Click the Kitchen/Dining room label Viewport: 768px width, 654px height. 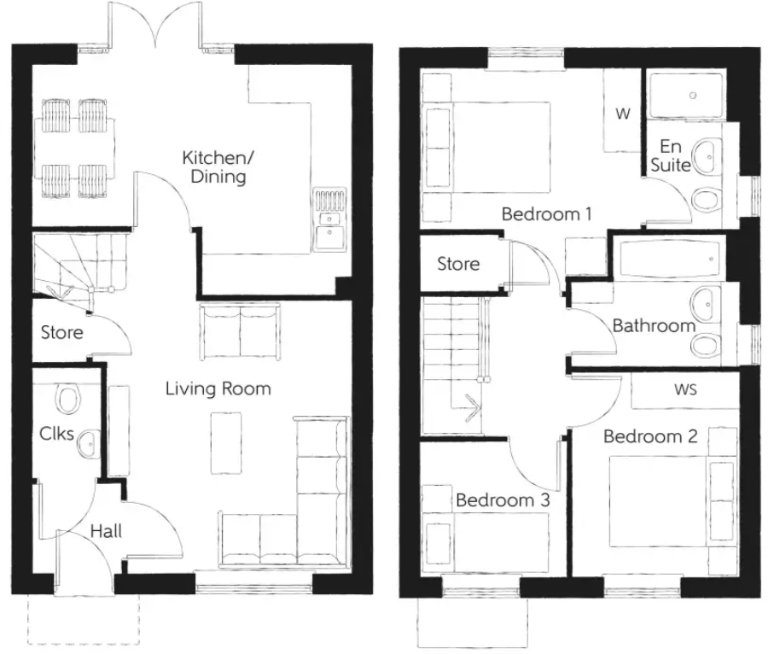click(214, 168)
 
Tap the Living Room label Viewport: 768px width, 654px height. click(218, 389)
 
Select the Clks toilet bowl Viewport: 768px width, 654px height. click(67, 398)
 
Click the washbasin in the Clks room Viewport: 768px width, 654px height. click(86, 443)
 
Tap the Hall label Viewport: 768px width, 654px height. click(107, 531)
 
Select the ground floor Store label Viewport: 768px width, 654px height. click(62, 332)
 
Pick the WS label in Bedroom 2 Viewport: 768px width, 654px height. click(685, 390)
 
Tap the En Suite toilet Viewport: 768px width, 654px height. click(705, 199)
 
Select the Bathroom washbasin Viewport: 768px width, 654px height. click(705, 301)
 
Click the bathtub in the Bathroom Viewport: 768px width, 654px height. click(669, 260)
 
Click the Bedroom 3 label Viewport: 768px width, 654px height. click(502, 500)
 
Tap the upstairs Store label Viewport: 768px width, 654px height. click(458, 265)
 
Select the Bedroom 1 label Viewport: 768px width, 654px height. click(546, 214)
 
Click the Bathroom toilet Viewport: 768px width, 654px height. click(705, 344)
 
